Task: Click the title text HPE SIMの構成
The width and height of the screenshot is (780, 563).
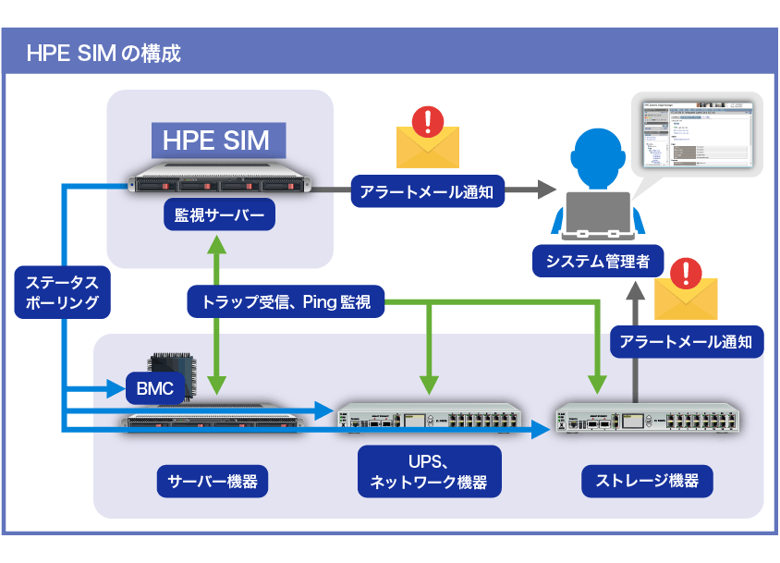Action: (104, 53)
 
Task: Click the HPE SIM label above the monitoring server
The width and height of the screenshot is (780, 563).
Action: (216, 141)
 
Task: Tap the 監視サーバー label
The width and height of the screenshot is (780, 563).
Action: (219, 217)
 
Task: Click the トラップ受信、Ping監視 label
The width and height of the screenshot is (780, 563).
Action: (286, 301)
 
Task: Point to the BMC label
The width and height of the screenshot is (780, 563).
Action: (154, 389)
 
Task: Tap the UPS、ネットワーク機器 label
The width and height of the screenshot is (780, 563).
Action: (428, 472)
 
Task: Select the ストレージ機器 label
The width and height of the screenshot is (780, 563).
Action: (646, 481)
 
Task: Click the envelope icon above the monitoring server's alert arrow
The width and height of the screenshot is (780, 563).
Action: (427, 139)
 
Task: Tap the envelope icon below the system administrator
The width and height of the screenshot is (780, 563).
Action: (685, 291)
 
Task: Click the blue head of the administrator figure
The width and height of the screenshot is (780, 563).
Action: (595, 153)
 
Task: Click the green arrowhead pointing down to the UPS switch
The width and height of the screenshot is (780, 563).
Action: (428, 385)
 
